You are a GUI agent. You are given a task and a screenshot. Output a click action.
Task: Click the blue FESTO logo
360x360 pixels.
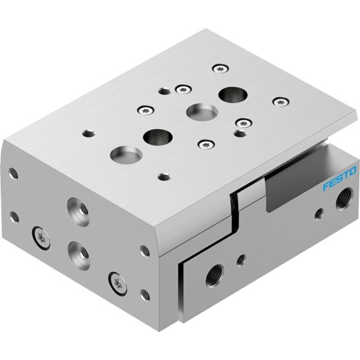point(339,178)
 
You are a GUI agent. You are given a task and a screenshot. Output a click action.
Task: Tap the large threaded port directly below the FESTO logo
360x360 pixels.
point(344,198)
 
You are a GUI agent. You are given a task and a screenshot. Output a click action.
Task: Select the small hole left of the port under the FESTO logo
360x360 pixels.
point(318,213)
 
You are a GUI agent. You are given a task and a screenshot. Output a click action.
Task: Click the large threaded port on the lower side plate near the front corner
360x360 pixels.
point(215,275)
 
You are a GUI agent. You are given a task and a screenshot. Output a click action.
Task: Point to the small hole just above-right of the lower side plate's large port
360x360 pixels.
point(241,260)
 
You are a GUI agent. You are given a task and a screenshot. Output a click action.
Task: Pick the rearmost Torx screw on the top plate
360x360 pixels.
point(221,68)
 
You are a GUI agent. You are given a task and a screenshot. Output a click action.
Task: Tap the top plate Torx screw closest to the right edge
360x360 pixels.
point(281,102)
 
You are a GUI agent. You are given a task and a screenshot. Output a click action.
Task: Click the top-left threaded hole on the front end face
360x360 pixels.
point(14,173)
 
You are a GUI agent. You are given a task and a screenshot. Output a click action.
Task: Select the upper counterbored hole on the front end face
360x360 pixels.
point(78,211)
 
